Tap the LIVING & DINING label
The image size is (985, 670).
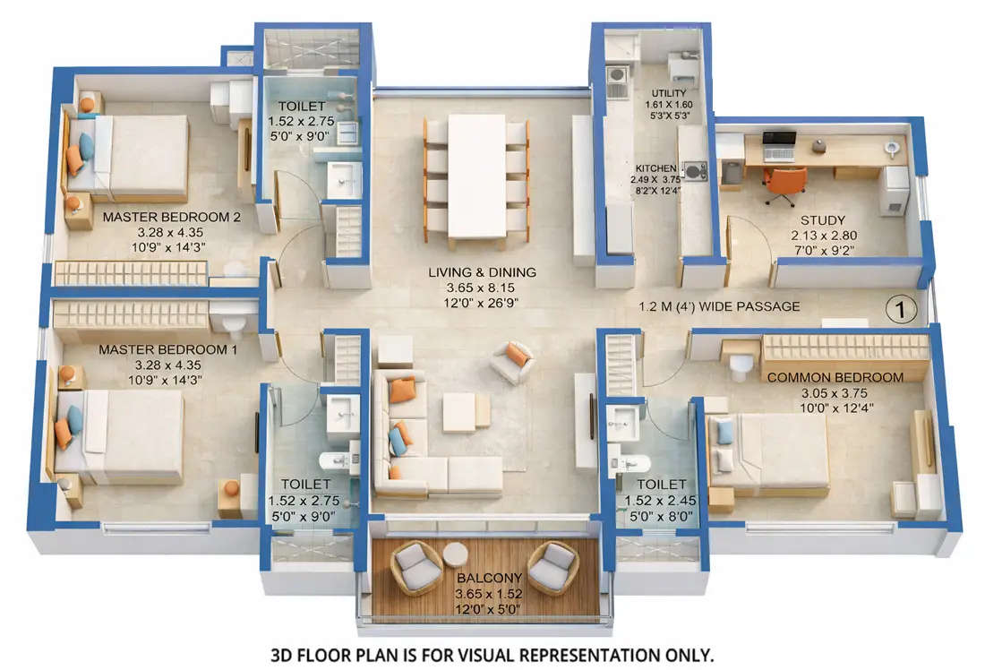pos(482,272)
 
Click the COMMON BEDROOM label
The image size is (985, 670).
pos(835,377)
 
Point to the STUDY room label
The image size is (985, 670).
pos(823,220)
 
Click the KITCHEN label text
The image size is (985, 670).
pos(650,168)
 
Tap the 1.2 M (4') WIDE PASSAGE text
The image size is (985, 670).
pos(719,306)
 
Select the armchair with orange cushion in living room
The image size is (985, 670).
pos(514,361)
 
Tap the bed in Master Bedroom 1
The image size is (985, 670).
pos(121,436)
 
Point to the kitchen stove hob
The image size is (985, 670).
pos(694,170)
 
